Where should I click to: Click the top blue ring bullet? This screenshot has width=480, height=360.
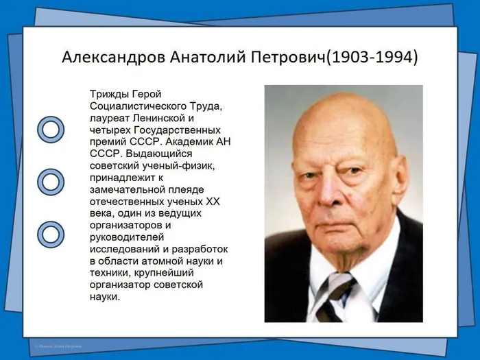click(50, 128)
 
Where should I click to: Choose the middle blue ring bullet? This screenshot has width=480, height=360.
click(50, 182)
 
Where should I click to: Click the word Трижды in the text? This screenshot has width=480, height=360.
click(108, 93)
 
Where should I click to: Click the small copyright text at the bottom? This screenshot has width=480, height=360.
click(58, 347)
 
